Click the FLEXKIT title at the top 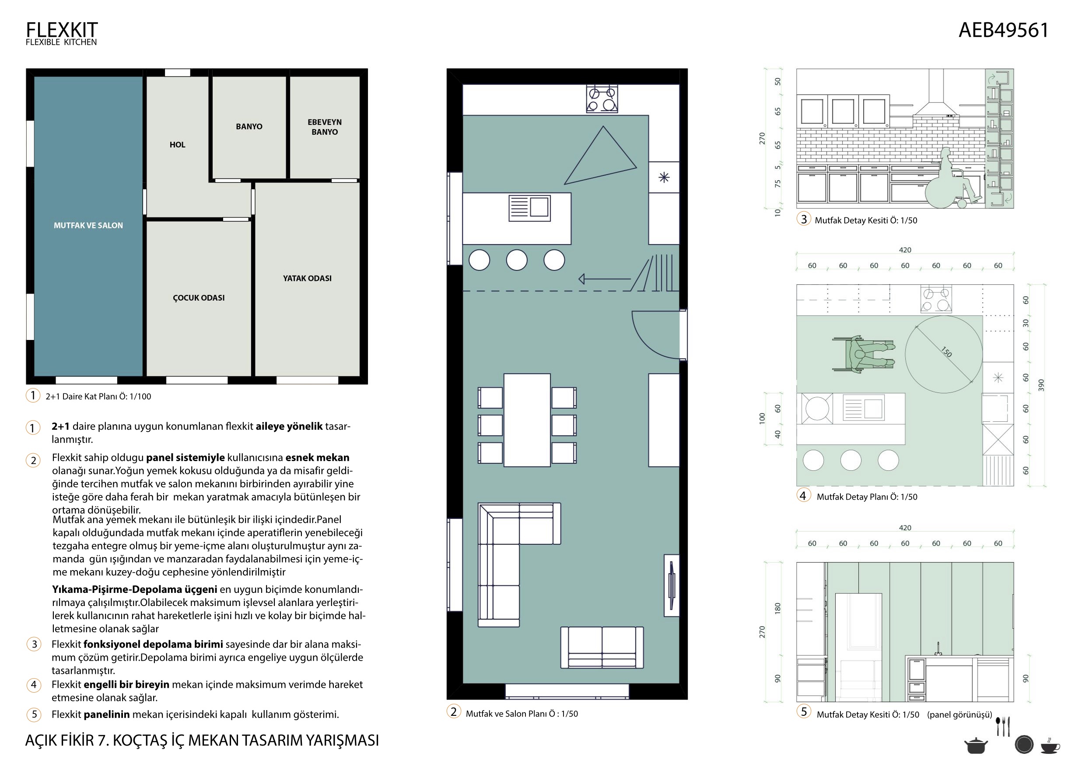coord(61,30)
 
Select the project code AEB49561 coord(1003,30)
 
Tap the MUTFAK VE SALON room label coord(88,225)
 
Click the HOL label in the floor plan coord(178,145)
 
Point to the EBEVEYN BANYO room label coord(325,126)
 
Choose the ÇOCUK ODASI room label coord(199,298)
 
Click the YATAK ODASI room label coord(307,278)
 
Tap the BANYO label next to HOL coord(249,126)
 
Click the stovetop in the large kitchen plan coord(602,99)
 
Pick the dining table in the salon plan coord(527,420)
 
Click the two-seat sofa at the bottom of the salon coord(602,648)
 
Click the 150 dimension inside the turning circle coord(946,352)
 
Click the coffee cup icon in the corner coord(1050,746)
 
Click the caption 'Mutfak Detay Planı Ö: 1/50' coord(867,497)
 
